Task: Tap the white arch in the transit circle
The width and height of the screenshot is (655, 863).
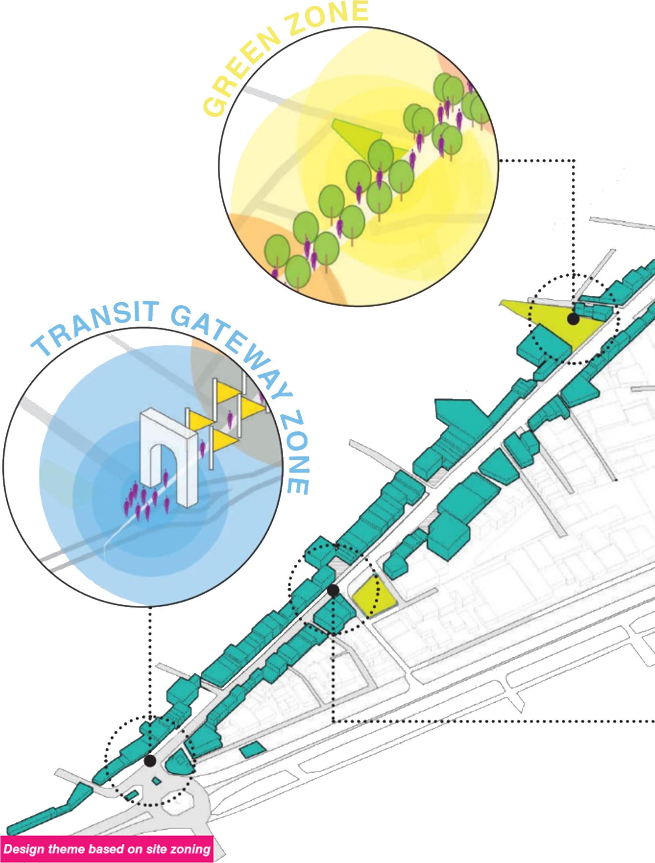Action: coord(168,457)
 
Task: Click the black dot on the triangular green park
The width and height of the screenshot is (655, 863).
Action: coord(573,319)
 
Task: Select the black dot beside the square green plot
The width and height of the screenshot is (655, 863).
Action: coord(333,591)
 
